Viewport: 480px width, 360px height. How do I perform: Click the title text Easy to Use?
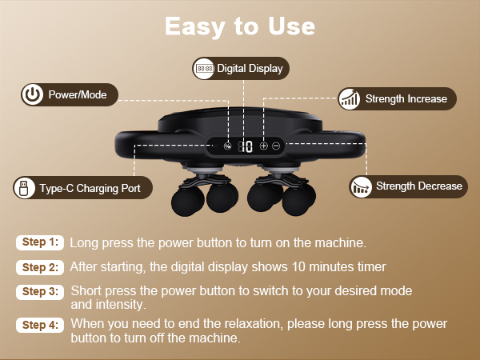[240, 26]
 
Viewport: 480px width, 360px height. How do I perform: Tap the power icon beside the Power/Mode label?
[31, 95]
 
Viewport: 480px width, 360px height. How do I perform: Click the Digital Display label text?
[250, 69]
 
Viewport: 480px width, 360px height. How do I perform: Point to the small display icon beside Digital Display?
[204, 69]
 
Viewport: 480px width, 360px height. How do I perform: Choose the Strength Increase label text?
[406, 99]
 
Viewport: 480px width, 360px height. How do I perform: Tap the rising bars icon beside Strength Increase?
[348, 99]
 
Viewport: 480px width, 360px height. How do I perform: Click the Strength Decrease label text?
[418, 186]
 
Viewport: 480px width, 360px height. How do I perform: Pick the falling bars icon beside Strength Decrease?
[361, 187]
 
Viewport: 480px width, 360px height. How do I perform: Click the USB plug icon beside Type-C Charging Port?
[24, 189]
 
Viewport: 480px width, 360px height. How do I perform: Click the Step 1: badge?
[39, 242]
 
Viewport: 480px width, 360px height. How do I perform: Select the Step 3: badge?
[39, 292]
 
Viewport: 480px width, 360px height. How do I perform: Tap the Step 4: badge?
[39, 325]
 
